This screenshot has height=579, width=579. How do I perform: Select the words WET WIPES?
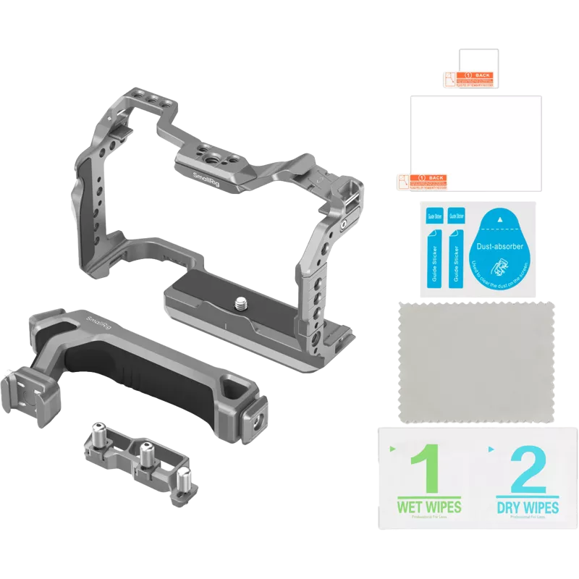point(429,507)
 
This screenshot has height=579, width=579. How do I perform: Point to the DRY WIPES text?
point(528,507)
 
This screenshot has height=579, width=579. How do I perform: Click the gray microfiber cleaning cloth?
point(477,362)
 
